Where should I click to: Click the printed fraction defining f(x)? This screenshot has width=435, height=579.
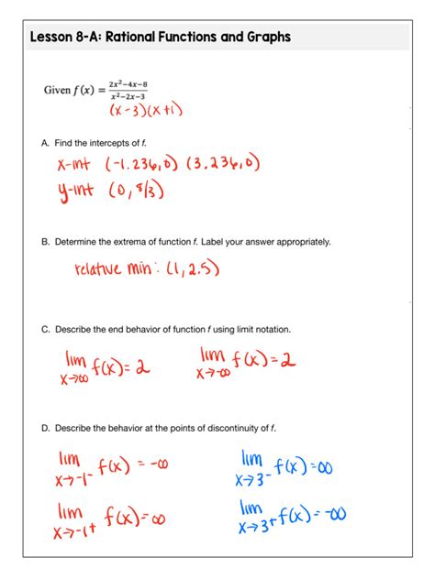(128, 90)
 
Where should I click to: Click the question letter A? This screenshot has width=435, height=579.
(45, 144)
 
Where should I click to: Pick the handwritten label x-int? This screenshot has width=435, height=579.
(76, 165)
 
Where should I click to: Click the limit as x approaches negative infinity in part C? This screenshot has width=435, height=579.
(246, 363)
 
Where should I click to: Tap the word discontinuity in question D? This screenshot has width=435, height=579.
(231, 428)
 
